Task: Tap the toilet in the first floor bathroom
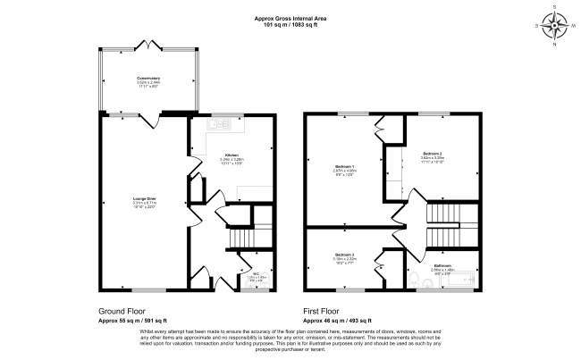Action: coord(425,285)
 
